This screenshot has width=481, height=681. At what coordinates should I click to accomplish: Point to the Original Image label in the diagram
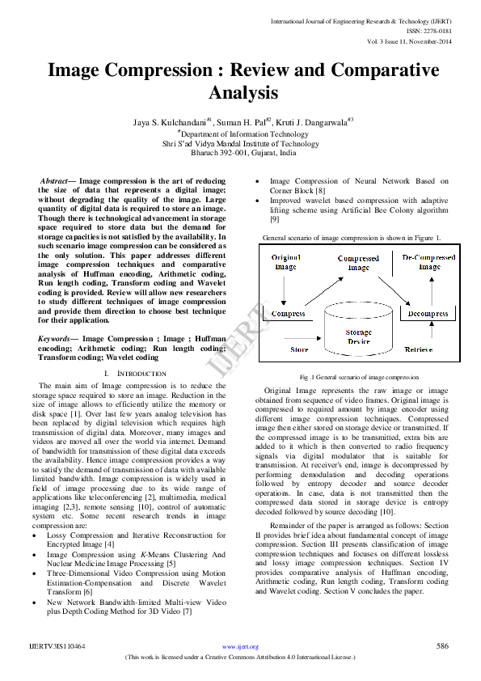point(284,261)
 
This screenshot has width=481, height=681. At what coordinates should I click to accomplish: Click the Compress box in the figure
point(288,313)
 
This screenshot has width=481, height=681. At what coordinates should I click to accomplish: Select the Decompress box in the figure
point(428,313)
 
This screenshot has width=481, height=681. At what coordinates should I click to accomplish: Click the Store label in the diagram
point(299,349)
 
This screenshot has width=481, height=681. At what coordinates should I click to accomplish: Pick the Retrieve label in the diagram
point(418,349)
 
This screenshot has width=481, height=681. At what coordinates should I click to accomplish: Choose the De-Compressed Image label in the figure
point(428,261)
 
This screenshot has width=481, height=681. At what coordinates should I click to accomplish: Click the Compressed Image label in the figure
point(358,264)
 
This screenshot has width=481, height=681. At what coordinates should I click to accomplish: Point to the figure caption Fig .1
point(359,378)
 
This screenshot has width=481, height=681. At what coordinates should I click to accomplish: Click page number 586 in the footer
point(442,646)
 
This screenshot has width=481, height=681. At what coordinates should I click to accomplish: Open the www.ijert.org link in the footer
point(240,647)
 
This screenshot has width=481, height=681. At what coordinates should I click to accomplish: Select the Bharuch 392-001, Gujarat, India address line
point(243,152)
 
